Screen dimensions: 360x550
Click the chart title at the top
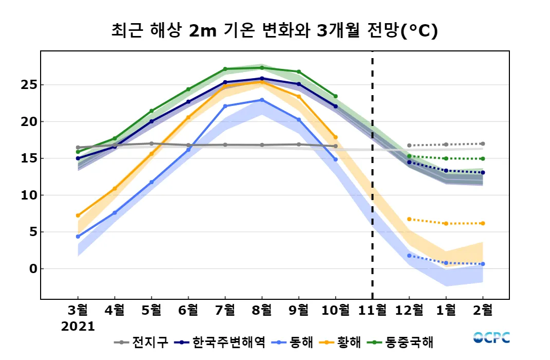coord(274,31)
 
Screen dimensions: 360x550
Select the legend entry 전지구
coord(141,341)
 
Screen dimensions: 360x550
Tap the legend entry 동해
coord(295,341)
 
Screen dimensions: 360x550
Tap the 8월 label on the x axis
coord(262,310)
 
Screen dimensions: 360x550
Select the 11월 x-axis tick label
coord(372,310)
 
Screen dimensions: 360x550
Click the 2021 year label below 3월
coord(78,327)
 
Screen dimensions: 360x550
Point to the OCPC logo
coord(491,338)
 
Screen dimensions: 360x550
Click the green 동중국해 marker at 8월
coord(262,68)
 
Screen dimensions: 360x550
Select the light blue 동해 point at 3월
coord(78,237)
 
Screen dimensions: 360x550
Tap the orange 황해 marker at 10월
coord(336,137)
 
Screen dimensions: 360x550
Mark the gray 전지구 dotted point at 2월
coord(483,144)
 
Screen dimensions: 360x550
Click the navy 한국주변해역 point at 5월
coord(152,121)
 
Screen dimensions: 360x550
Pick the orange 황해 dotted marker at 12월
coord(409,219)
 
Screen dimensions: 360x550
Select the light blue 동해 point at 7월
coord(225,106)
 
